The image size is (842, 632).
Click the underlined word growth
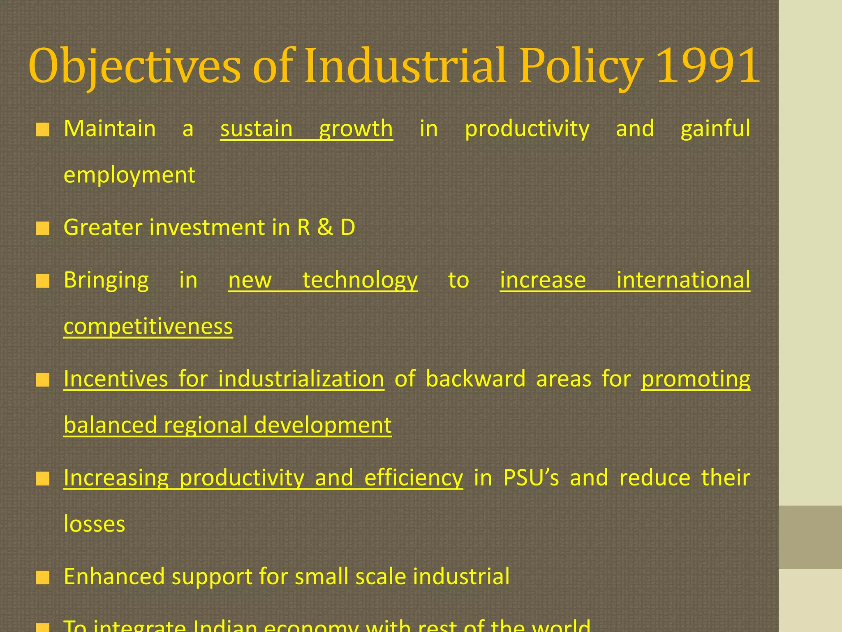coord(356,129)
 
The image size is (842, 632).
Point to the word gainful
coord(715,129)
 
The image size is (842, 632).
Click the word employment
coord(130,175)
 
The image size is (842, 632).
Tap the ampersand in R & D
coord(325,228)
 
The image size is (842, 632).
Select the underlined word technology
coord(360,281)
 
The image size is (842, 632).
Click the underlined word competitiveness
coord(148,327)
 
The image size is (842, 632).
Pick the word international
coord(683,281)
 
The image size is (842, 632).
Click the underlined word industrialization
coord(301,379)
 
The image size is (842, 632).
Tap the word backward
coord(476,379)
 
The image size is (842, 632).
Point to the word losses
coord(95,524)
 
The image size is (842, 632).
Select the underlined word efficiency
coord(414,478)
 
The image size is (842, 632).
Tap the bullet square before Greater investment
coord(42,228)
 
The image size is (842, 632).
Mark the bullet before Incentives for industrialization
coord(42,380)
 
